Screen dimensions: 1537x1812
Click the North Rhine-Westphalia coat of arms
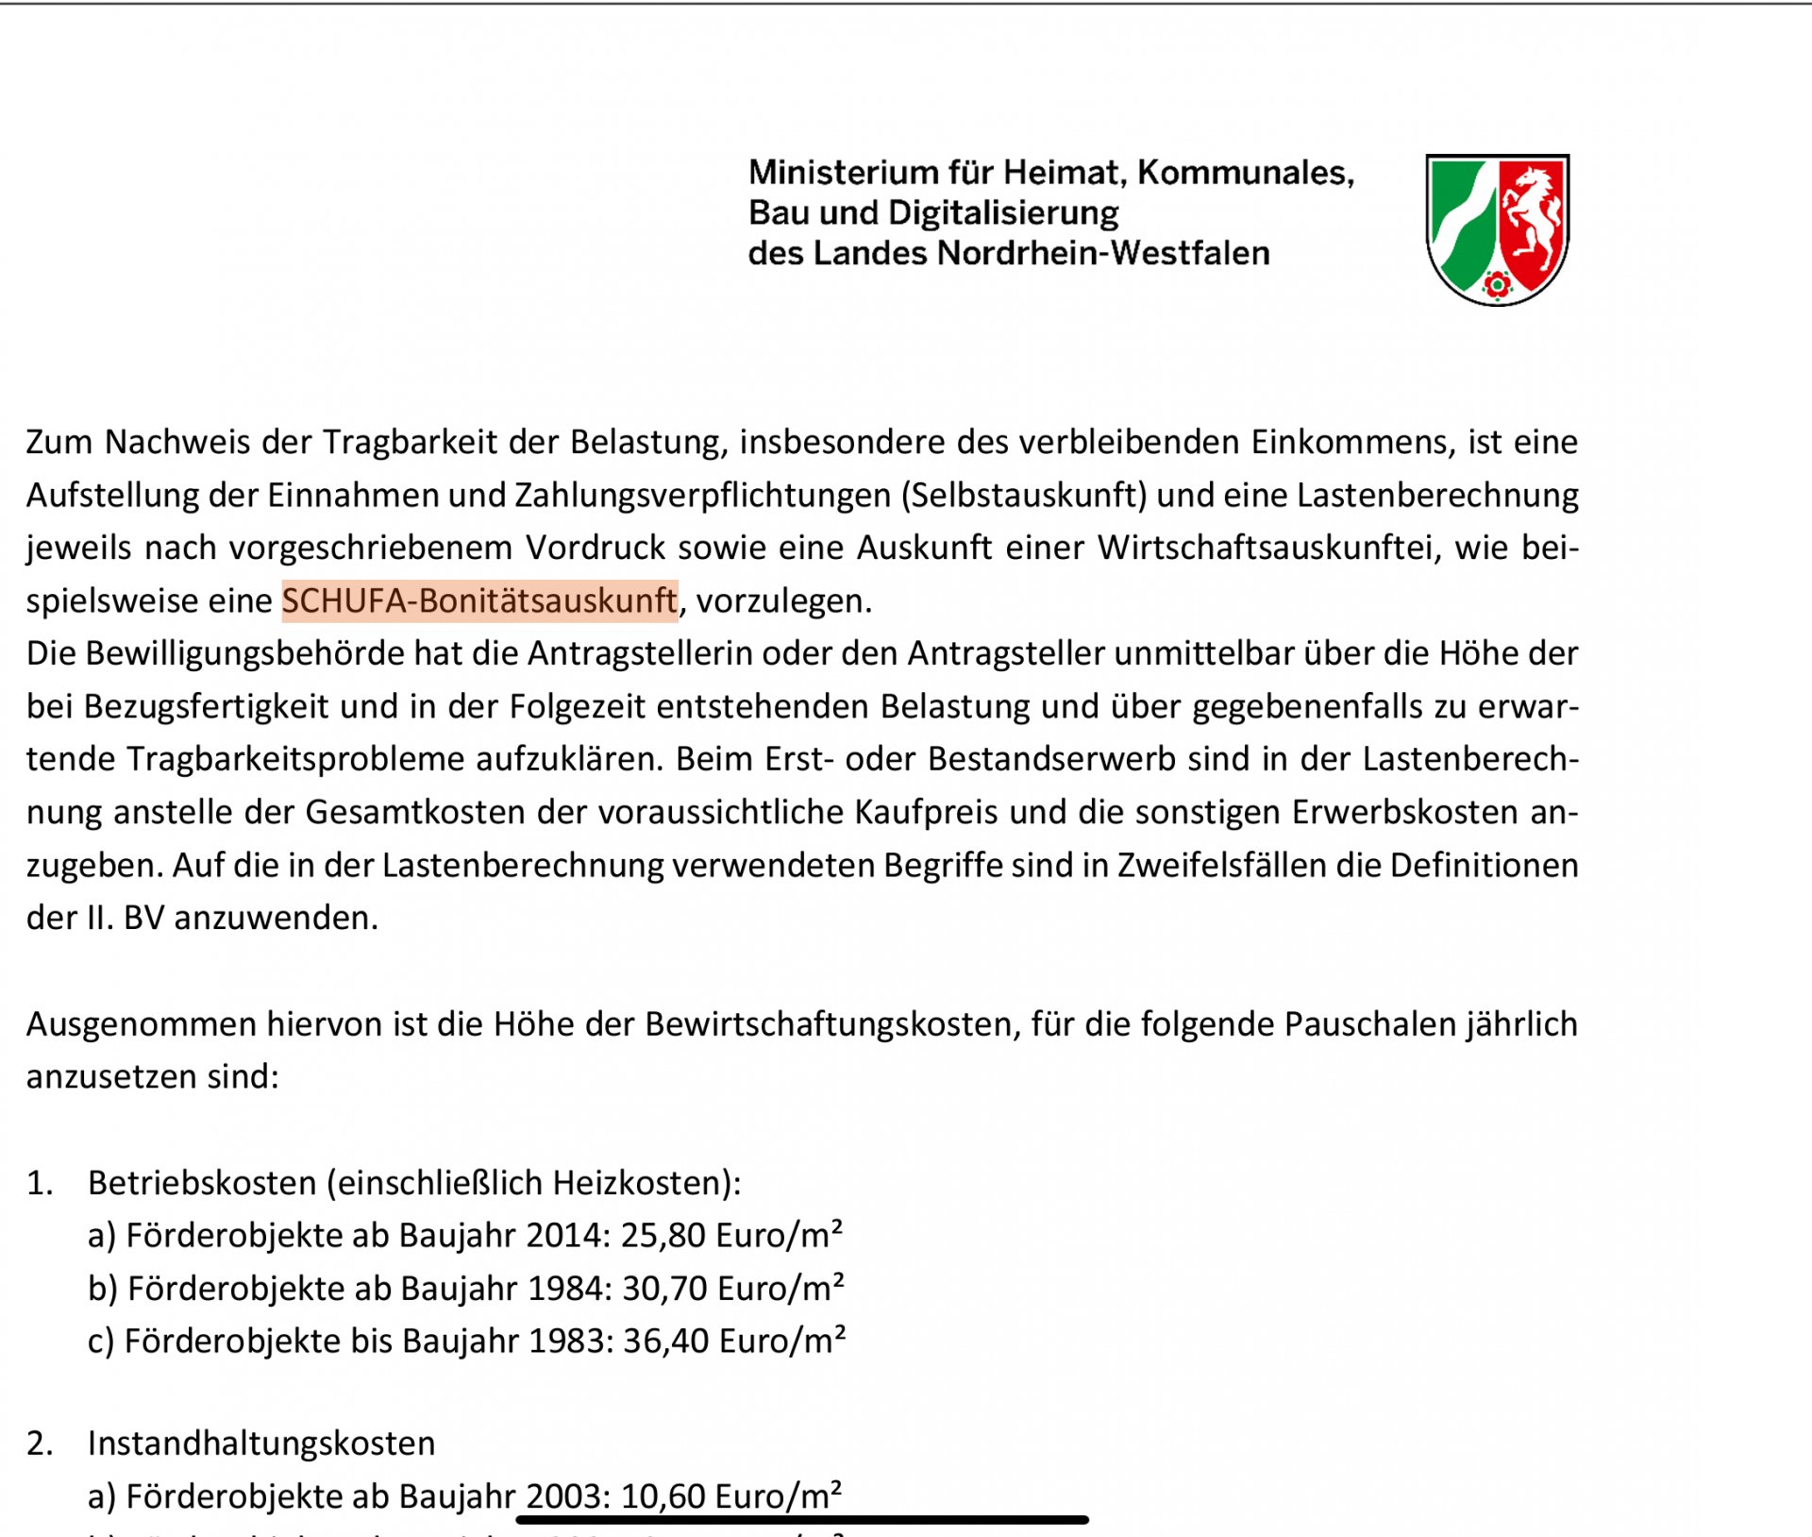click(x=1497, y=229)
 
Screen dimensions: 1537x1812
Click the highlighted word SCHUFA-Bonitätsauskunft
click(x=479, y=601)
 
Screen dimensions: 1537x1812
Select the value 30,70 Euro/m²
click(x=733, y=1289)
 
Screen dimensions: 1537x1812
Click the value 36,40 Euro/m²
click(x=734, y=1342)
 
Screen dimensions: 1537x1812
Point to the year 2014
click(x=567, y=1236)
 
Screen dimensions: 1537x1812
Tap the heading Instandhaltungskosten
click(x=261, y=1444)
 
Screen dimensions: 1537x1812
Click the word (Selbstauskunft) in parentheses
click(x=1023, y=496)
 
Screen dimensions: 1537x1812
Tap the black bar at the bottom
click(x=802, y=1520)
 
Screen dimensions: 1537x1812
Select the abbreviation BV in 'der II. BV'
click(x=143, y=919)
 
